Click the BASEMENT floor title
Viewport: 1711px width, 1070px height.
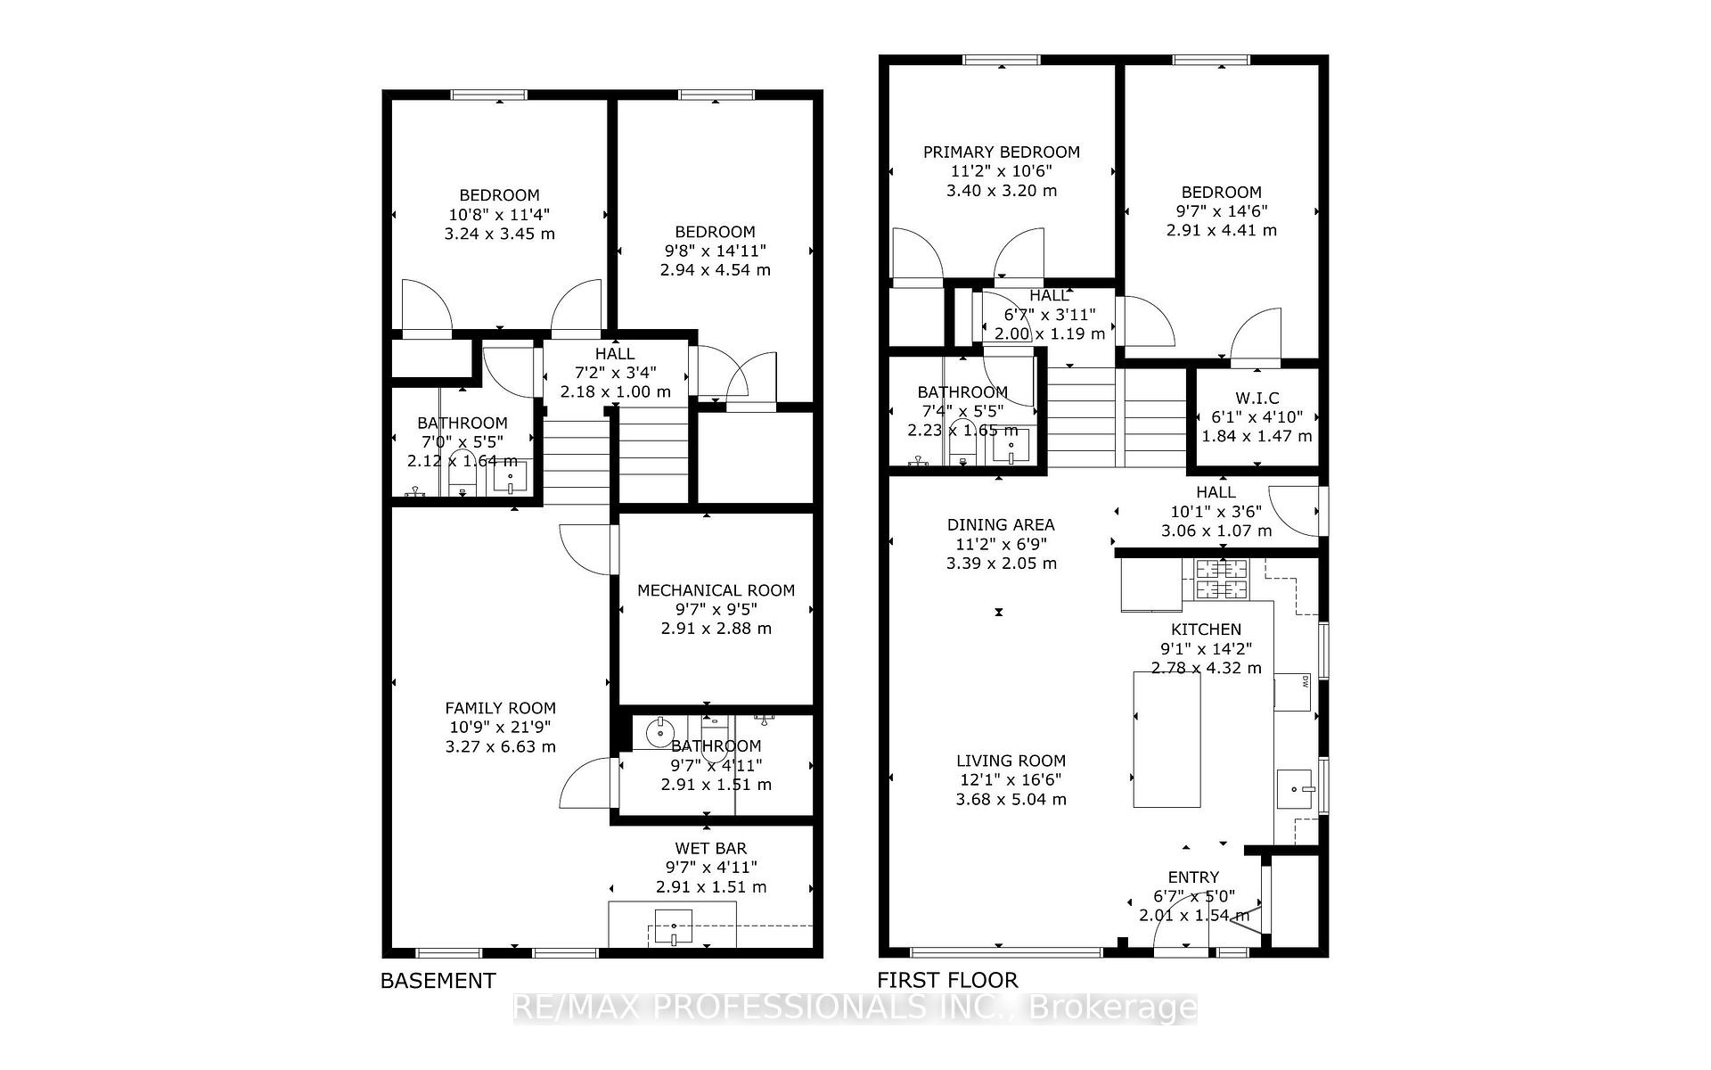[438, 981]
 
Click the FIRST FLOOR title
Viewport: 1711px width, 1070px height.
[946, 981]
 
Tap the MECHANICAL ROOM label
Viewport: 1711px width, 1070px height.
[716, 590]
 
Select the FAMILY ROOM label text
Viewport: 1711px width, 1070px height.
[500, 708]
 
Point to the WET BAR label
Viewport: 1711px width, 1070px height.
[710, 848]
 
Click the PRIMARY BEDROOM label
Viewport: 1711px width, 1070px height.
[1001, 152]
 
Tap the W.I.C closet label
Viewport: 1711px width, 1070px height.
[1257, 398]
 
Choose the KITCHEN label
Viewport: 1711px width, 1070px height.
[1206, 630]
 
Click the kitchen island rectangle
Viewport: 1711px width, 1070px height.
[1166, 740]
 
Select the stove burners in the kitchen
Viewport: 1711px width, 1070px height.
[1222, 579]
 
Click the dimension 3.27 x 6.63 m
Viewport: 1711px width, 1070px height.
[500, 747]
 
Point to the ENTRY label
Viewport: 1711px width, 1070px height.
[1192, 877]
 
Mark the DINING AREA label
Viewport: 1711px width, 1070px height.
[1000, 525]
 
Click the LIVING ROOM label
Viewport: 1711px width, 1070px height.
[1011, 761]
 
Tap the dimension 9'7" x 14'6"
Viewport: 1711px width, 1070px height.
[1221, 211]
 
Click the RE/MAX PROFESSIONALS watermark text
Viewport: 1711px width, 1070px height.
[855, 1008]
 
